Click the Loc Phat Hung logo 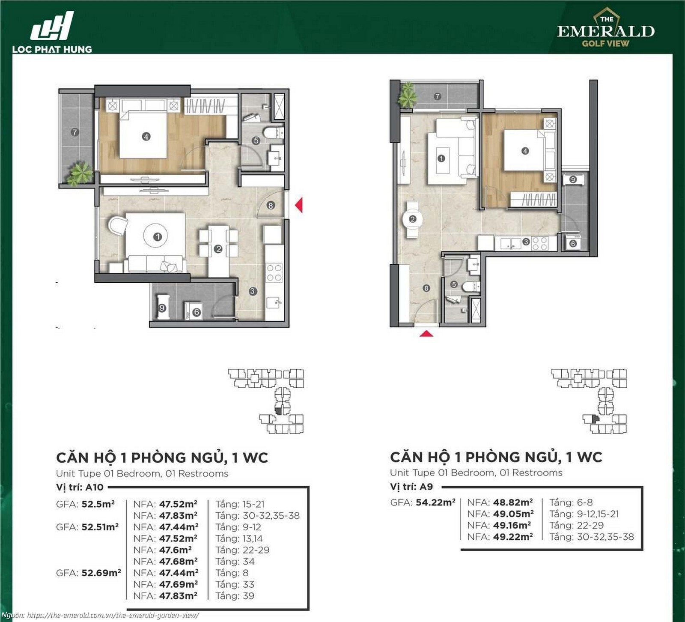(52, 33)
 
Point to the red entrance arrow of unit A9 (426, 333)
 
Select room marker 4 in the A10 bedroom (146, 137)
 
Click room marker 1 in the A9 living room (441, 158)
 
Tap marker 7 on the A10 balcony (75, 132)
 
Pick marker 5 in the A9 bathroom (454, 284)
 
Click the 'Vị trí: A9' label (411, 486)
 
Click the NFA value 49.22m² (512, 537)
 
